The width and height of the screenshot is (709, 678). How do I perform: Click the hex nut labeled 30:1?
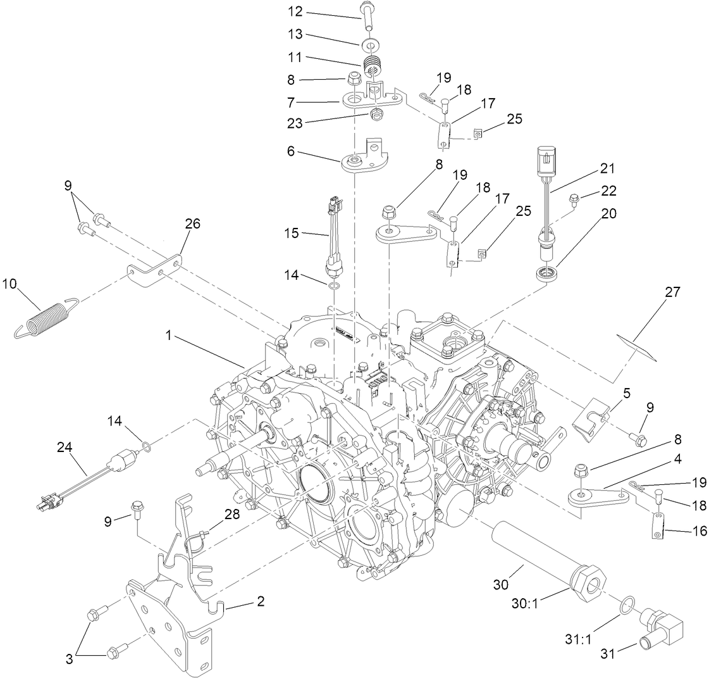pos(588,581)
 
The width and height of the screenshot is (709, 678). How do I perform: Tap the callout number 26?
pos(192,223)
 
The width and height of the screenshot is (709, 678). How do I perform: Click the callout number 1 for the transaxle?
pos(170,337)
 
